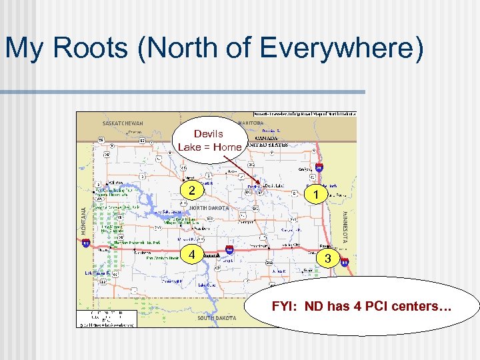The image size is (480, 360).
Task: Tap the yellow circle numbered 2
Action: click(192, 191)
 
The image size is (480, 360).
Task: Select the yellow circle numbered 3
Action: click(326, 258)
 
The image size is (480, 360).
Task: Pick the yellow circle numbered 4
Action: click(192, 255)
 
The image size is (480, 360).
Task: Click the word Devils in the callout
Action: click(208, 134)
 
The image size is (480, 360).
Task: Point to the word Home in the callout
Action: click(227, 147)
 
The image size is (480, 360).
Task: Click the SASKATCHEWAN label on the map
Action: click(123, 123)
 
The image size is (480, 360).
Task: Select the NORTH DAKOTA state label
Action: click(208, 209)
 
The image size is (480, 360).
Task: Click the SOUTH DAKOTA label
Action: click(217, 318)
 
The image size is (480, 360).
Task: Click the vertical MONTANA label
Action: click(84, 219)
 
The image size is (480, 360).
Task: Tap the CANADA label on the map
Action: click(267, 138)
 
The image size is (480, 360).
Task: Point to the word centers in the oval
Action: click(421, 307)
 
